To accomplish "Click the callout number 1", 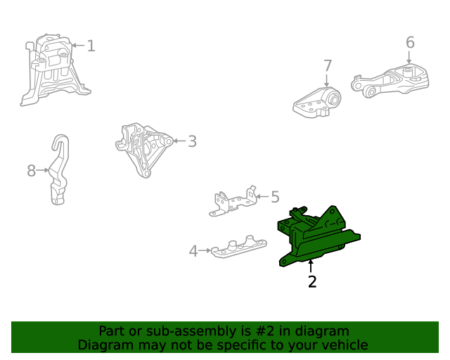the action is point(91,46).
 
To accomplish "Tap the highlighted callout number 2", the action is point(312,282).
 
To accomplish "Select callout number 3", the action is point(192,141).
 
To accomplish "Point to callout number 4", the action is point(193,251).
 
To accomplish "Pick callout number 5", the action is point(275,197).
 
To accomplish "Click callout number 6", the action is point(410,42).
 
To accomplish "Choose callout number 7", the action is point(328,65).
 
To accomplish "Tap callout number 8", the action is point(31,171).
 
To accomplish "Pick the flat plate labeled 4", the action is point(239,247).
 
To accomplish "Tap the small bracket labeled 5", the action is point(233,202).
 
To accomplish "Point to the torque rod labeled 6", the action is point(390,82).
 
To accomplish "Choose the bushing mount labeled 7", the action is point(317,103).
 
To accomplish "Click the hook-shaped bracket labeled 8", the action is point(60,169).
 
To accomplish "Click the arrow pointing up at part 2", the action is point(311,266).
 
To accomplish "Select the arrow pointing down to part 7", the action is point(326,80).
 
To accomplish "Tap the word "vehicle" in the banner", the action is point(348,345).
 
